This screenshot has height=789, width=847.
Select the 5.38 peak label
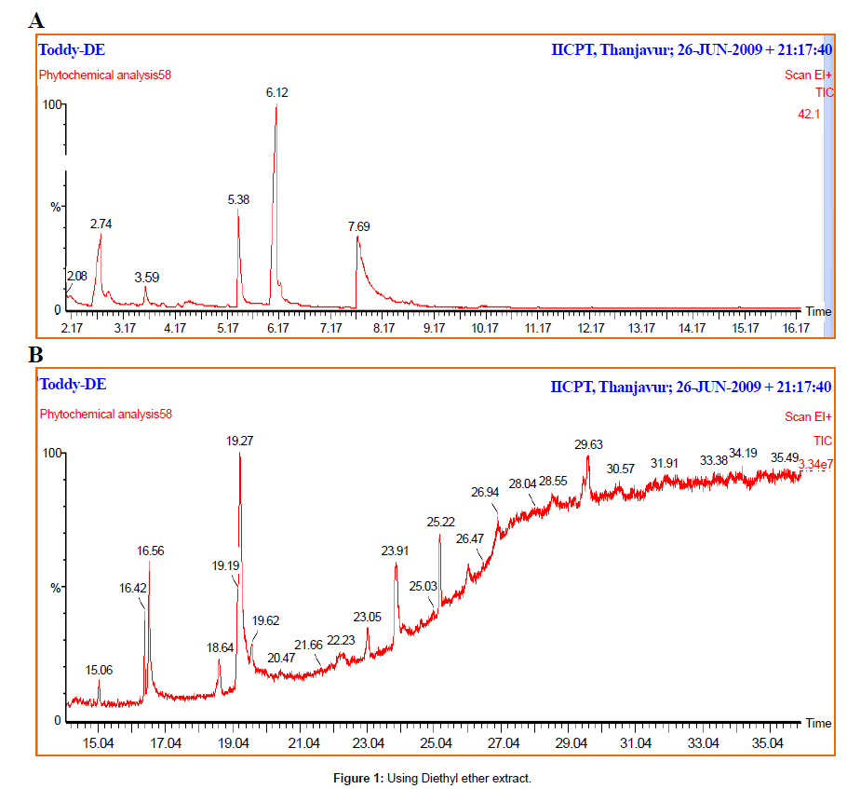point(239,199)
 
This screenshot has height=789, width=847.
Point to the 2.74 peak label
point(101,224)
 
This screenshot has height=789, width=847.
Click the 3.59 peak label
point(146,278)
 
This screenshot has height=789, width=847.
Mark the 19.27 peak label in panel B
point(241,442)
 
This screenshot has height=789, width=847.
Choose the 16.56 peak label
point(150,551)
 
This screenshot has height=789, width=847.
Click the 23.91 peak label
point(395,551)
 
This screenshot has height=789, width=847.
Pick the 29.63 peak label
point(588,445)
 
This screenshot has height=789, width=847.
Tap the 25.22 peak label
point(440,524)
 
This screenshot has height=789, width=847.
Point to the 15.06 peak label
point(99,670)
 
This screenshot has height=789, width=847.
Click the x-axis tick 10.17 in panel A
point(484,329)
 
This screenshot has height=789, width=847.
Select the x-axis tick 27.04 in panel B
point(504,743)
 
